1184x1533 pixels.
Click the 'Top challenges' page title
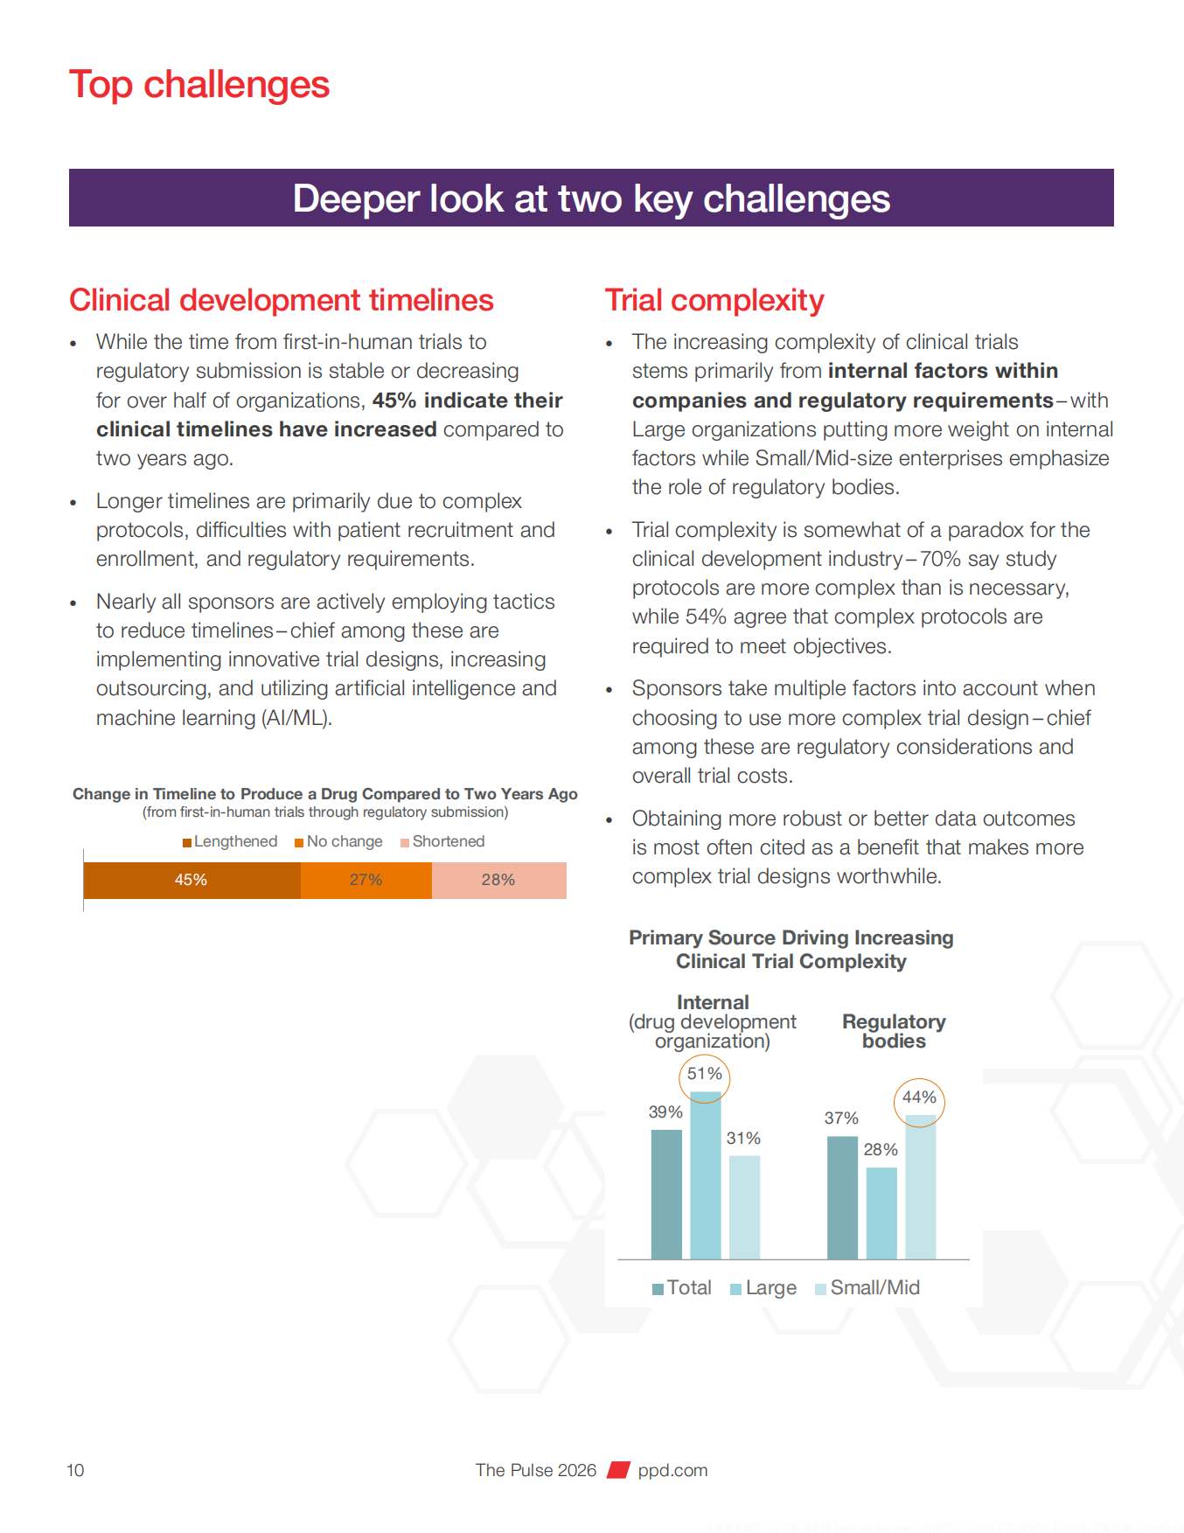tap(199, 85)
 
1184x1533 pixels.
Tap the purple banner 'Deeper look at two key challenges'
tap(591, 199)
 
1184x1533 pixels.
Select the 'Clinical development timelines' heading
tap(282, 300)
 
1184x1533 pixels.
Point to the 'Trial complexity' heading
tap(714, 300)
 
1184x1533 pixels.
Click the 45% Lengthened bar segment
tap(192, 880)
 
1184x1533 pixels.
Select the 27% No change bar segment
tap(366, 880)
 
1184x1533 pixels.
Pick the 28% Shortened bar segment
tap(498, 880)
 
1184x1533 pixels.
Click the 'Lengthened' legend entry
tap(231, 841)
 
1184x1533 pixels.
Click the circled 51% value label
tap(705, 1074)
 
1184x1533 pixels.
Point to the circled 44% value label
tap(919, 1097)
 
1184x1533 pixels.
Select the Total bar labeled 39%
tap(666, 1194)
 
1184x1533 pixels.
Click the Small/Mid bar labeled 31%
tap(744, 1207)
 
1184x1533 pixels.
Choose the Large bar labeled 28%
tap(881, 1213)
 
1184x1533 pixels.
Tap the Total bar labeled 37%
tap(842, 1197)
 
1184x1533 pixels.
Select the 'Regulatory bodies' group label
tap(894, 1031)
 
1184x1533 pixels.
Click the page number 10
tap(76, 1470)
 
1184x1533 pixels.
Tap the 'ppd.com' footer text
tap(672, 1470)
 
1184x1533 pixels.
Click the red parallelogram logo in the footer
tap(619, 1470)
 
